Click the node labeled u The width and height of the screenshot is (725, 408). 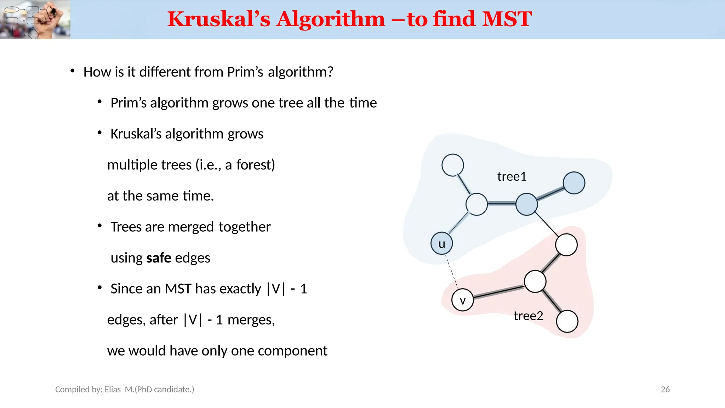click(441, 243)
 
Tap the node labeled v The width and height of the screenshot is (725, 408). click(462, 300)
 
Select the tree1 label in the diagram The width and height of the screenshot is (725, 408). click(512, 176)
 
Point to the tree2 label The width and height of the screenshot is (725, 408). click(528, 316)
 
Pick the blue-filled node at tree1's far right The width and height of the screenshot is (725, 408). click(573, 183)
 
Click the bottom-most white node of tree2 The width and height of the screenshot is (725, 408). click(567, 321)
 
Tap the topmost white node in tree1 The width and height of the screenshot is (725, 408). click(452, 165)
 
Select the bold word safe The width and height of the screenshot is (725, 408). click(159, 258)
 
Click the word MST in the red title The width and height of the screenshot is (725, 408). click(507, 19)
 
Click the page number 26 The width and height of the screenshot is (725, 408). click(665, 389)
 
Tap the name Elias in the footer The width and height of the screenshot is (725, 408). click(113, 389)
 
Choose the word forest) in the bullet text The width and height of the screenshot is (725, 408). click(256, 165)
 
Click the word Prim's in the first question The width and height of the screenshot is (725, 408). click(245, 72)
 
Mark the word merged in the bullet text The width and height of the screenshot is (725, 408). click(191, 227)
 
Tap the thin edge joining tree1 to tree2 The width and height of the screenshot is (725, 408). click(547, 224)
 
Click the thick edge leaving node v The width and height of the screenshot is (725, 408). click(498, 291)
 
